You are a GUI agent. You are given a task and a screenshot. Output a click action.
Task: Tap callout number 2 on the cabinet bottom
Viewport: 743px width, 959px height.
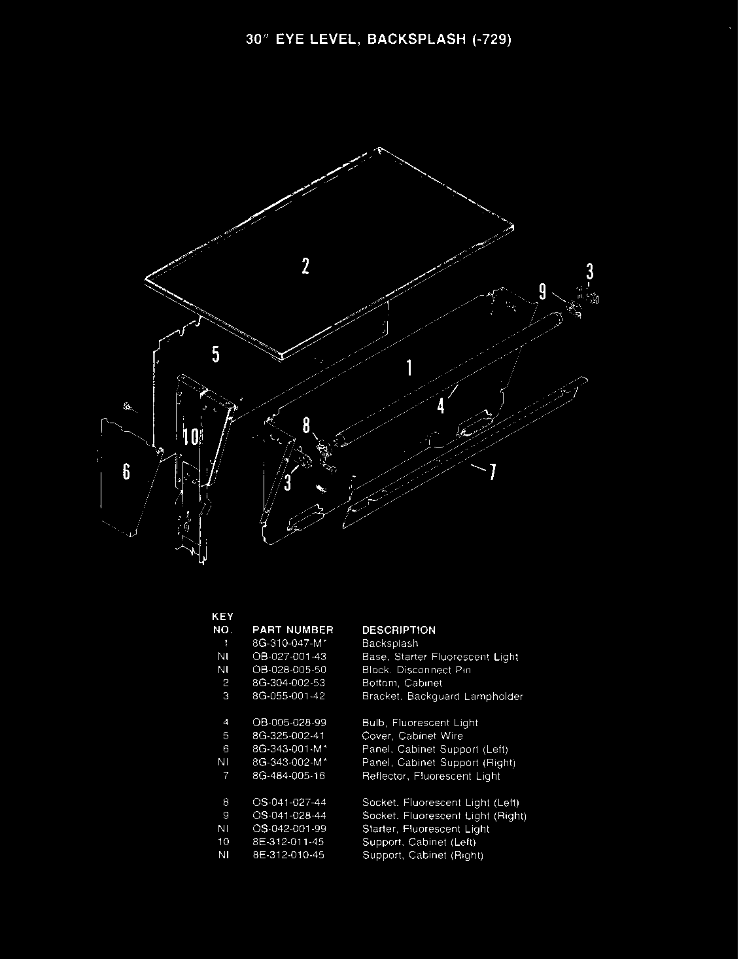pos(305,266)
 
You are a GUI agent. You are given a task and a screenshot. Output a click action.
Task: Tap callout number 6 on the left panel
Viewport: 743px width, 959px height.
pos(126,472)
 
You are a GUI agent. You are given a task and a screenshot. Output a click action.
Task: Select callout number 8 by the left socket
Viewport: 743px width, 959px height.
pos(305,426)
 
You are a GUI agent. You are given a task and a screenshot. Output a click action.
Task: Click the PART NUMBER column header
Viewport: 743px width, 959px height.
pos(292,630)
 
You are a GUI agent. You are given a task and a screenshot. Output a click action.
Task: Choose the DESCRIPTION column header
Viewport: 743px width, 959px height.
pos(398,630)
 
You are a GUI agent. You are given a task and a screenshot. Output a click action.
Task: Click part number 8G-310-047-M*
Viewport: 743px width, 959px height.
pos(289,644)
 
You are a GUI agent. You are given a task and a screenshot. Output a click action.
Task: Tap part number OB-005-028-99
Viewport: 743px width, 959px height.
pos(288,723)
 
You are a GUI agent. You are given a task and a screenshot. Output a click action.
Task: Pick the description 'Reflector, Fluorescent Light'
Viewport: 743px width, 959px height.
pos(431,776)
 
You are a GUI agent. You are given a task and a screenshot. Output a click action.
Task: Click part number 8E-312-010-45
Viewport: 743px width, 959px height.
pos(288,855)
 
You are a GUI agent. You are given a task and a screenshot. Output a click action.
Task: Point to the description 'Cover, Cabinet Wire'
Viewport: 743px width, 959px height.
pos(413,736)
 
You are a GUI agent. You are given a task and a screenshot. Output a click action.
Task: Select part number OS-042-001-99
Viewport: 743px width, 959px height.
pos(288,829)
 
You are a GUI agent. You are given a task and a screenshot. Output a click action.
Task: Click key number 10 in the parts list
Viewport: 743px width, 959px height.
pos(226,842)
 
